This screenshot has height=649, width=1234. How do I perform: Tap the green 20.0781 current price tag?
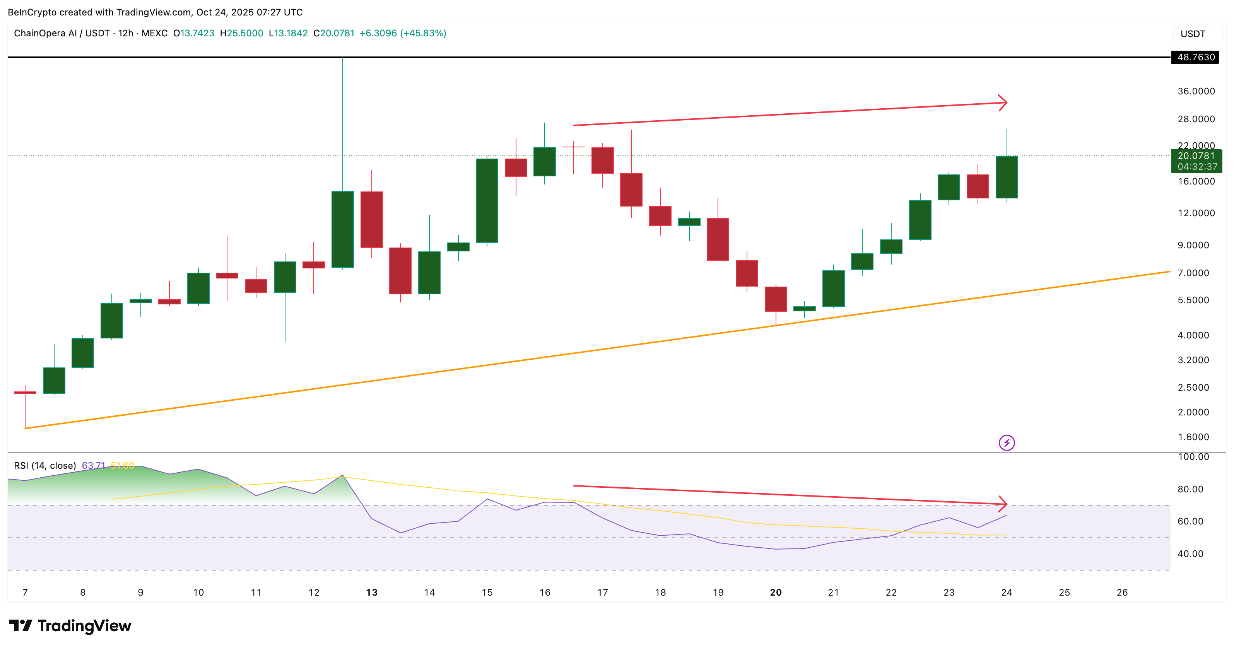tap(1196, 156)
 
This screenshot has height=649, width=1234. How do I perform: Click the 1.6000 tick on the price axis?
tap(1193, 437)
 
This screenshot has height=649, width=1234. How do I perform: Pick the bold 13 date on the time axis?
tap(372, 593)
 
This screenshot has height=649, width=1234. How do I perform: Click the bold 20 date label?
tap(776, 593)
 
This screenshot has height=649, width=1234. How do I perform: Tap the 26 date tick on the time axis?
tap(1122, 593)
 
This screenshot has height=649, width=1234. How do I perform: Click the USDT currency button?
tap(1193, 34)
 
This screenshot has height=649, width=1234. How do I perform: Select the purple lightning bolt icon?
tap(1007, 442)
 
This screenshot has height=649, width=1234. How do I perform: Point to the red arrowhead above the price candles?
tap(1003, 102)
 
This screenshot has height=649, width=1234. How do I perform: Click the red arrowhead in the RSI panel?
tap(1003, 504)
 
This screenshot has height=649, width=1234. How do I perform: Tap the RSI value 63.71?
tap(93, 466)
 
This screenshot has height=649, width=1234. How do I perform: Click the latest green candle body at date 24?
tap(1007, 177)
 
